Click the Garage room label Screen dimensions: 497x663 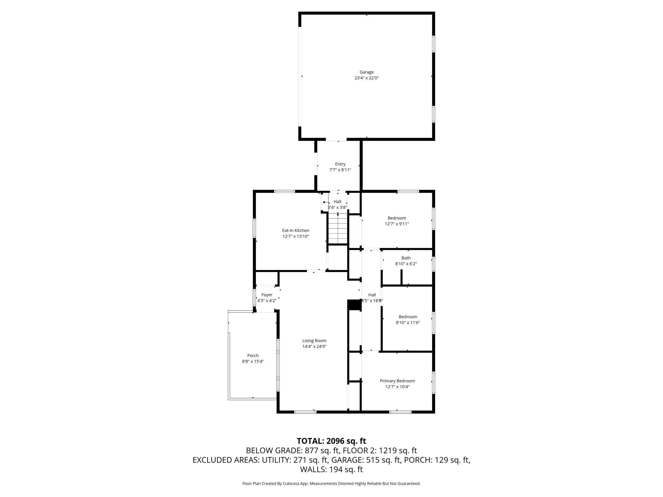pyautogui.click(x=366, y=72)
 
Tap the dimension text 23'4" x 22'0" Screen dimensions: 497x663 pyautogui.click(x=366, y=78)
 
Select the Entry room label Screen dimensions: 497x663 pyautogui.click(x=340, y=164)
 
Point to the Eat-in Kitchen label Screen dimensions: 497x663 pyautogui.click(x=295, y=230)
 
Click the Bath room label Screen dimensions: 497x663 pyautogui.click(x=406, y=258)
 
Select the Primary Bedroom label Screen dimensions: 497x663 pyautogui.click(x=397, y=381)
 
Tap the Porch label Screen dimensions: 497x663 pyautogui.click(x=253, y=356)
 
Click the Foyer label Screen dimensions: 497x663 pyautogui.click(x=267, y=295)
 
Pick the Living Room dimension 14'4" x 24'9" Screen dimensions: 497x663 pyautogui.click(x=314, y=347)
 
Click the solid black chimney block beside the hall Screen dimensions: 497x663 pyautogui.click(x=353, y=305)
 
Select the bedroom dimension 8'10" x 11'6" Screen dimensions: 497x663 pyautogui.click(x=408, y=322)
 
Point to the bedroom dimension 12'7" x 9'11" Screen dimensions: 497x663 pyautogui.click(x=397, y=224)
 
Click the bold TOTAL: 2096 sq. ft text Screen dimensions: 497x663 pyautogui.click(x=331, y=441)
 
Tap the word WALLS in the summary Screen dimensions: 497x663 pyautogui.click(x=313, y=469)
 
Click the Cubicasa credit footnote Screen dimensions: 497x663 pyautogui.click(x=331, y=483)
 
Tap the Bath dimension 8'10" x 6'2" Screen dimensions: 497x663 pyautogui.click(x=406, y=264)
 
